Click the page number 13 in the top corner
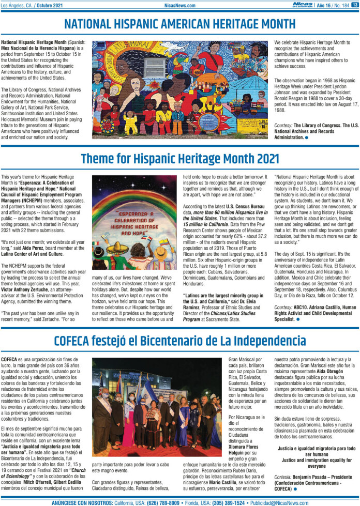click(x=354, y=5)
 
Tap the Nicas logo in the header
click(x=302, y=5)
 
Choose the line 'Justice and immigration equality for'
click(x=316, y=459)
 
